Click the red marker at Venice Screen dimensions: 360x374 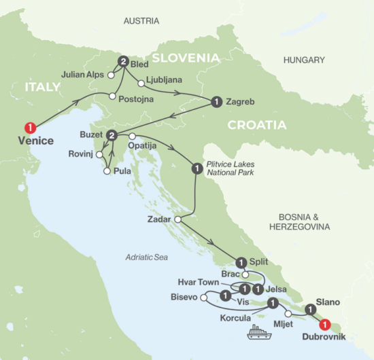(x=30, y=127)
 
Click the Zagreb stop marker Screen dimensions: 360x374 (x=216, y=103)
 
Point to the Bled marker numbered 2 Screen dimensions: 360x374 (x=123, y=62)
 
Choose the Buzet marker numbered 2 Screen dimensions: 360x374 (x=112, y=135)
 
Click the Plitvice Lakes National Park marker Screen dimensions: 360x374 (x=197, y=168)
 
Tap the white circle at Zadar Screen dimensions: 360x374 (x=177, y=220)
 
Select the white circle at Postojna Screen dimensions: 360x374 (x=111, y=95)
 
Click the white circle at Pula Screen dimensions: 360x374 (x=107, y=172)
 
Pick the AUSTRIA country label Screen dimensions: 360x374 (x=141, y=22)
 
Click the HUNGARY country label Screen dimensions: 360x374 (x=305, y=60)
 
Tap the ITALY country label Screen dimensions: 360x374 (x=42, y=87)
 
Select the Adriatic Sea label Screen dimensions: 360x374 (x=147, y=257)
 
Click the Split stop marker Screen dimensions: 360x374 (x=240, y=262)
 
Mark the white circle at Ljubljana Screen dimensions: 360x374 (x=141, y=84)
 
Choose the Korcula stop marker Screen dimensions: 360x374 (x=272, y=303)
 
